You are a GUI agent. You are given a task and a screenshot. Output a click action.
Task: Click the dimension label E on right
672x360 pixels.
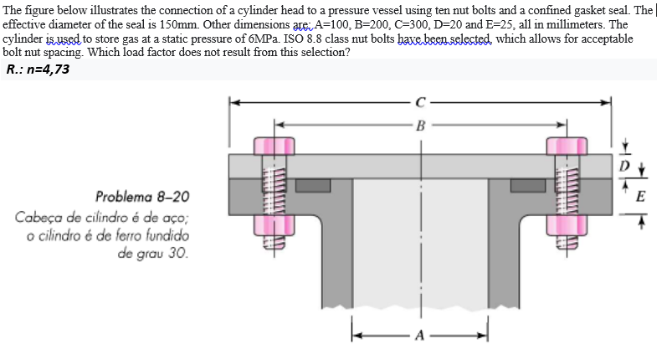click(640, 198)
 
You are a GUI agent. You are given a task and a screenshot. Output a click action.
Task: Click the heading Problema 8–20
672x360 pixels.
click(142, 198)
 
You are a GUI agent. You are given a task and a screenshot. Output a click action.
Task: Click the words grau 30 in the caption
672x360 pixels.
click(157, 251)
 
